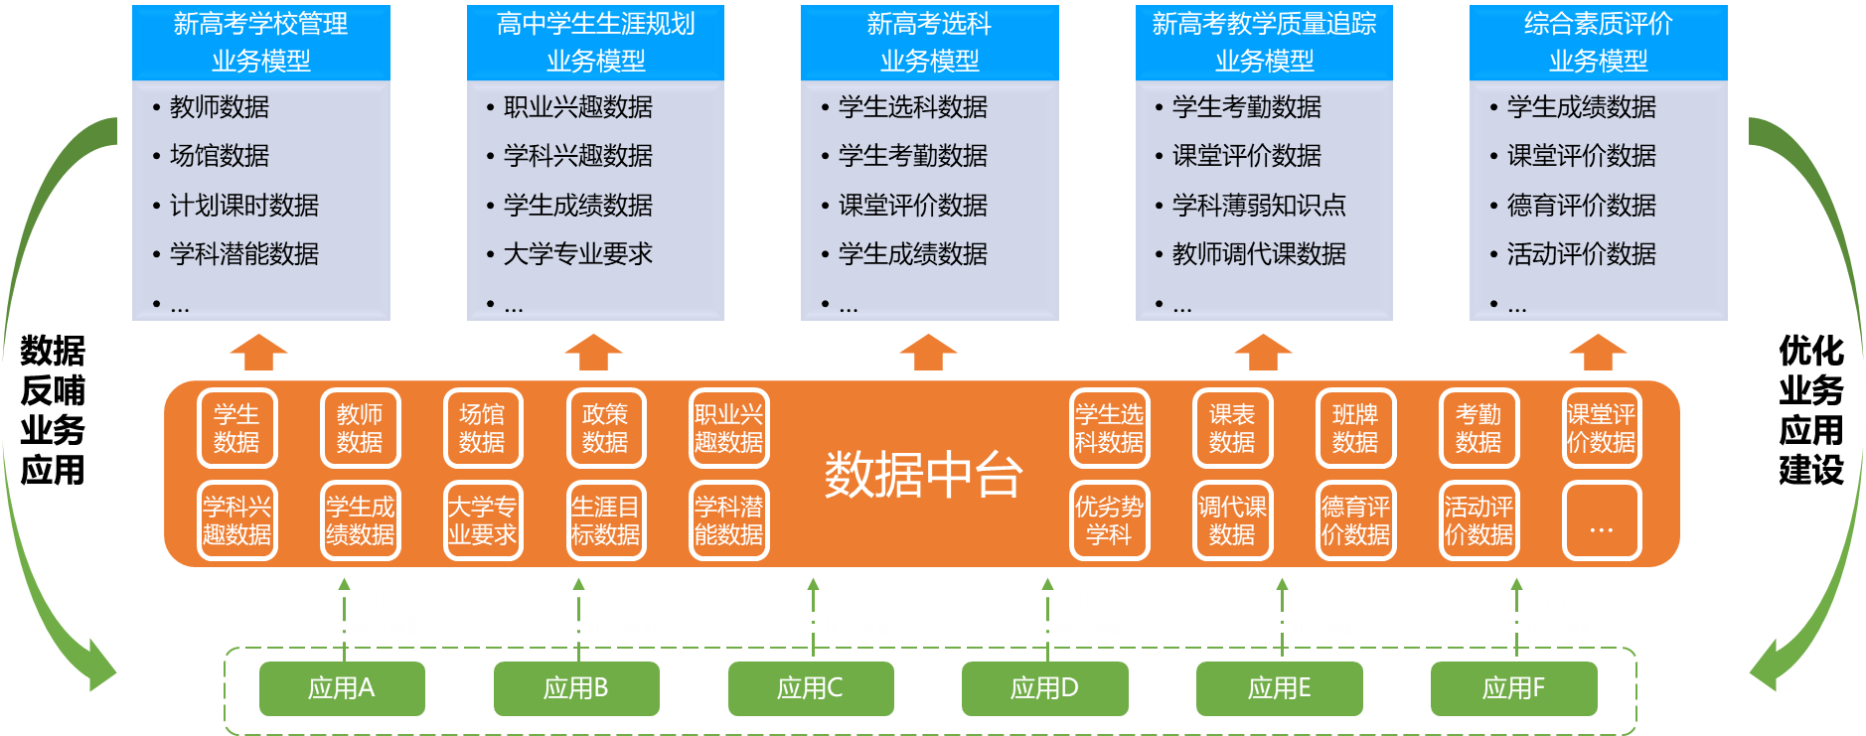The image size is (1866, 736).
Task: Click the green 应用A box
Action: [342, 688]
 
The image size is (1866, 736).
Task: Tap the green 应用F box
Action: [1513, 688]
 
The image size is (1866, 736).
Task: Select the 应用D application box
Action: [1044, 688]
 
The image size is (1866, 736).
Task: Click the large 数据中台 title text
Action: [923, 475]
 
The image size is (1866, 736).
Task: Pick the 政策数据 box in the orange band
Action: [605, 428]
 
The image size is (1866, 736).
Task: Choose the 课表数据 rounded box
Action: [1232, 428]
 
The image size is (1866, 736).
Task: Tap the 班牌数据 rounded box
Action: [1355, 428]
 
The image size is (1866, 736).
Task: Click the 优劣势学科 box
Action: [1109, 520]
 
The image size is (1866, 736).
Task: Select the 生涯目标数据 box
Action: [605, 520]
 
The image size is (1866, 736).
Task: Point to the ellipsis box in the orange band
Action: [1601, 520]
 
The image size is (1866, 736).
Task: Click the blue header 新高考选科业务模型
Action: [929, 43]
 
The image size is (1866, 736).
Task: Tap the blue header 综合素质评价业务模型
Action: [1598, 43]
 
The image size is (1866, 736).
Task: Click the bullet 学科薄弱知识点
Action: [1258, 206]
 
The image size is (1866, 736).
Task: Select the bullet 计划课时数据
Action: [243, 206]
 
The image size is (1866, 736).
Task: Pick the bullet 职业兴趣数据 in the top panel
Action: [577, 107]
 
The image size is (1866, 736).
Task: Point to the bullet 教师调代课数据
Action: [1258, 254]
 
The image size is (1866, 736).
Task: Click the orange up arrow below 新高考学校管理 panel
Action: [258, 353]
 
